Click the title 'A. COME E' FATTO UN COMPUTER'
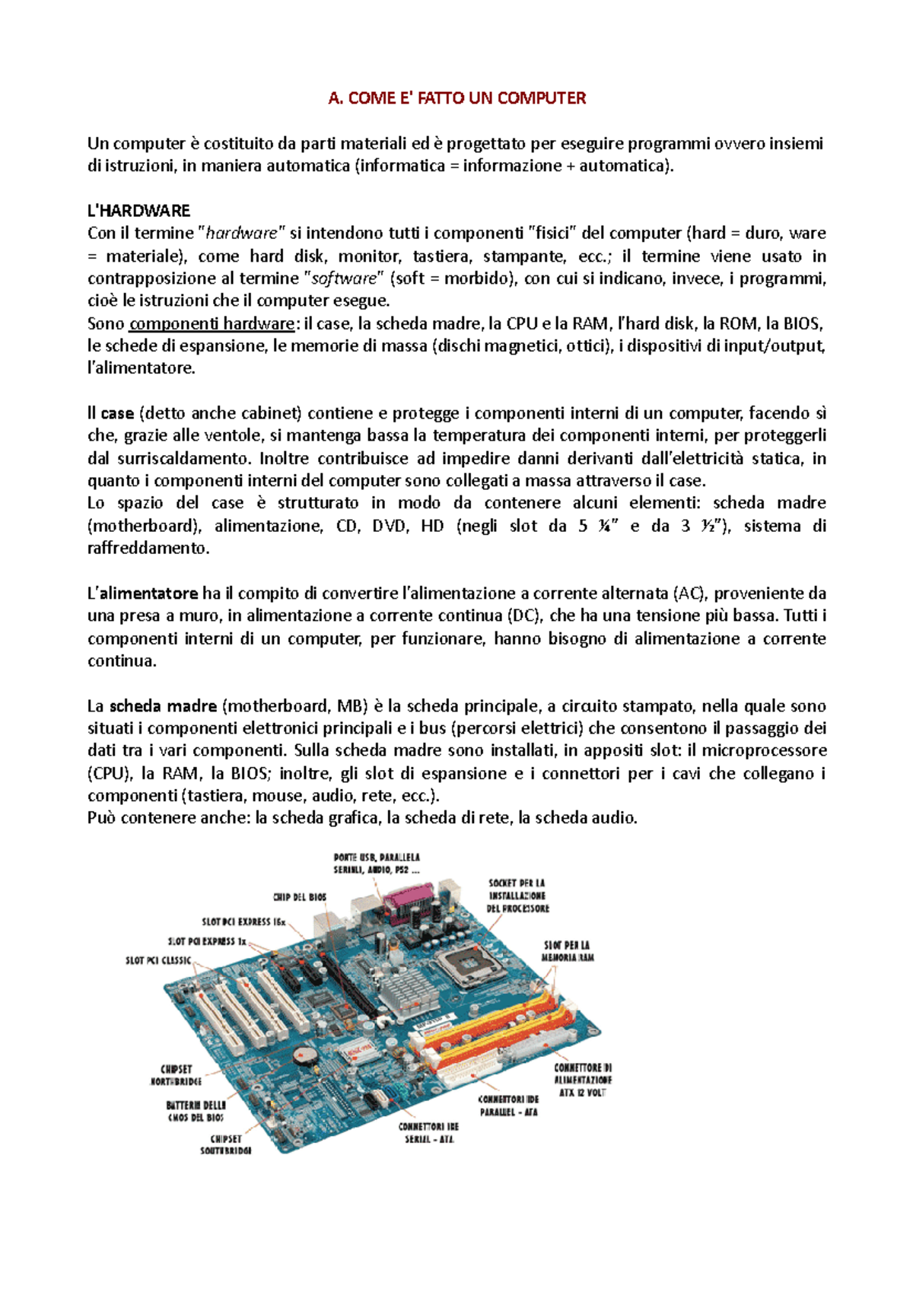[456, 98]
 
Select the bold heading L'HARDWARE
[138, 211]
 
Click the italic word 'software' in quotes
[345, 278]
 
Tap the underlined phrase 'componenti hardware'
[212, 323]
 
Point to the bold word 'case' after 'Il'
[117, 413]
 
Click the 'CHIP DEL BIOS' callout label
[300, 897]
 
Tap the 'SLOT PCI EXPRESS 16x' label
[243, 921]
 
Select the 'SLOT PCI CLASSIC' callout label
[158, 960]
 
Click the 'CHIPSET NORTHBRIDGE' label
[177, 1074]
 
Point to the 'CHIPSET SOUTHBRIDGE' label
[226, 1144]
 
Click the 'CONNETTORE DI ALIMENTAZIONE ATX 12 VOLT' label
[583, 1080]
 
